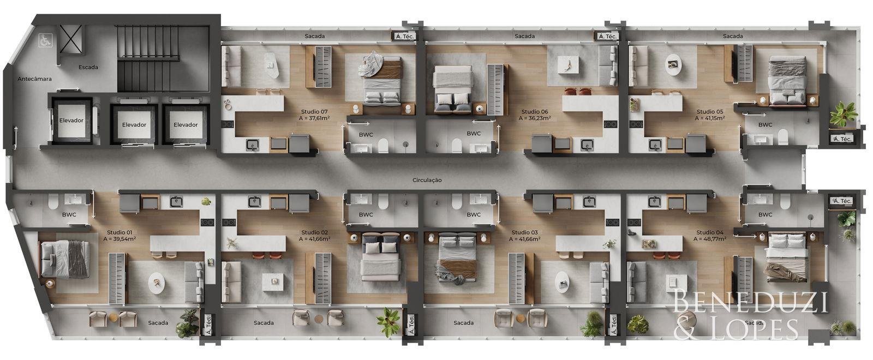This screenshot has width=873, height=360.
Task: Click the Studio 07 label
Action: pyautogui.click(x=314, y=112)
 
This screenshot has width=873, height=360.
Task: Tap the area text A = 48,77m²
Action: pyautogui.click(x=710, y=239)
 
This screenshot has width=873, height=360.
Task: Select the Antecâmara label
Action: pyautogui.click(x=35, y=79)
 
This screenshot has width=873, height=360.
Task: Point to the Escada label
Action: pyautogui.click(x=88, y=67)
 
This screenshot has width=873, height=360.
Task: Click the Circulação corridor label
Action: pyautogui.click(x=427, y=180)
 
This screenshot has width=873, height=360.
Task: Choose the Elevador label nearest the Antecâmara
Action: pyautogui.click(x=71, y=121)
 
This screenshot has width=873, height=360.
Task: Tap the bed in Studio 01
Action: pyautogui.click(x=65, y=259)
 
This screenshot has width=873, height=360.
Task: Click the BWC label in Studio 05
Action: pyautogui.click(x=765, y=125)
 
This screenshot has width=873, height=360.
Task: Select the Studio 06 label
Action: pyautogui.click(x=534, y=112)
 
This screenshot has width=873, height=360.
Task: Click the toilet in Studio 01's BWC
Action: pyautogui.click(x=53, y=202)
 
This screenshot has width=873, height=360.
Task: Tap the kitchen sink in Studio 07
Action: pyautogui.click(x=253, y=145)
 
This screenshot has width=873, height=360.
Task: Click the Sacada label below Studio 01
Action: pyautogui.click(x=158, y=322)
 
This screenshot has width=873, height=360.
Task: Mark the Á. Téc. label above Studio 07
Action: pyautogui.click(x=404, y=36)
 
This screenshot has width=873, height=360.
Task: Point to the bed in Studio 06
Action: pyautogui.click(x=452, y=89)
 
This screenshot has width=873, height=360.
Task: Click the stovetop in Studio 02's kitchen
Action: pyautogui.click(x=229, y=223)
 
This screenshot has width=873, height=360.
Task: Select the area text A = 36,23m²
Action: pyautogui.click(x=534, y=118)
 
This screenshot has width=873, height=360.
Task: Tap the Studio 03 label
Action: pyautogui.click(x=524, y=232)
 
